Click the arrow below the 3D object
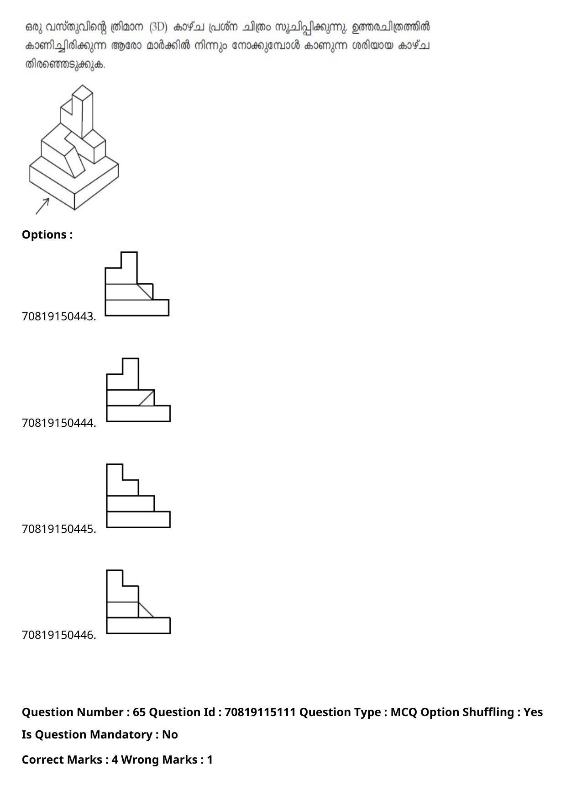(x=42, y=206)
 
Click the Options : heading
(x=47, y=235)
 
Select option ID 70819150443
(x=59, y=317)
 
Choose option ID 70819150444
(x=59, y=423)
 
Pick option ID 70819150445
(x=59, y=529)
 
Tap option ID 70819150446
(x=59, y=635)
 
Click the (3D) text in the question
(x=158, y=27)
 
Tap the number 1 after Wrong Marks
(x=210, y=760)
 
